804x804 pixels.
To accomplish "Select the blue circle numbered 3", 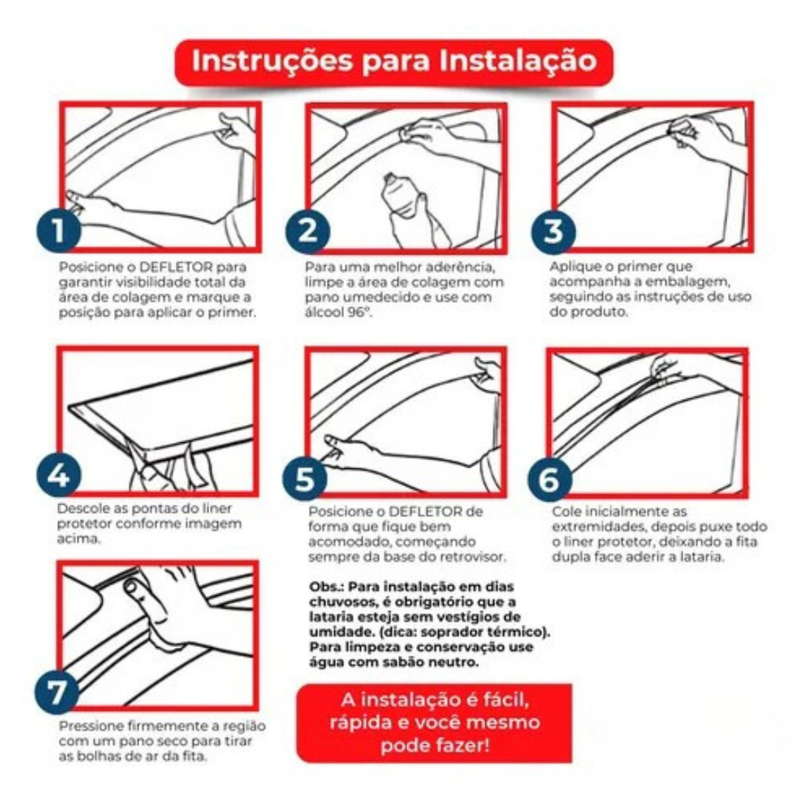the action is tap(554, 232).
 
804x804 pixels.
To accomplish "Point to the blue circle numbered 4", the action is tap(58, 475).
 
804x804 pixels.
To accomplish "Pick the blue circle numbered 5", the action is tap(305, 478).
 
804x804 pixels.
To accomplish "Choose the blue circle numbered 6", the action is tap(550, 479).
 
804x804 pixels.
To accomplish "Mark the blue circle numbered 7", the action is tap(57, 692).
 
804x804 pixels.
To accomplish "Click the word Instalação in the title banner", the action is tap(518, 60).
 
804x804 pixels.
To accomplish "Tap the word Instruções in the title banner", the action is tap(272, 61).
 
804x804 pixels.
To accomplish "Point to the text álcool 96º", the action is tap(338, 312).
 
